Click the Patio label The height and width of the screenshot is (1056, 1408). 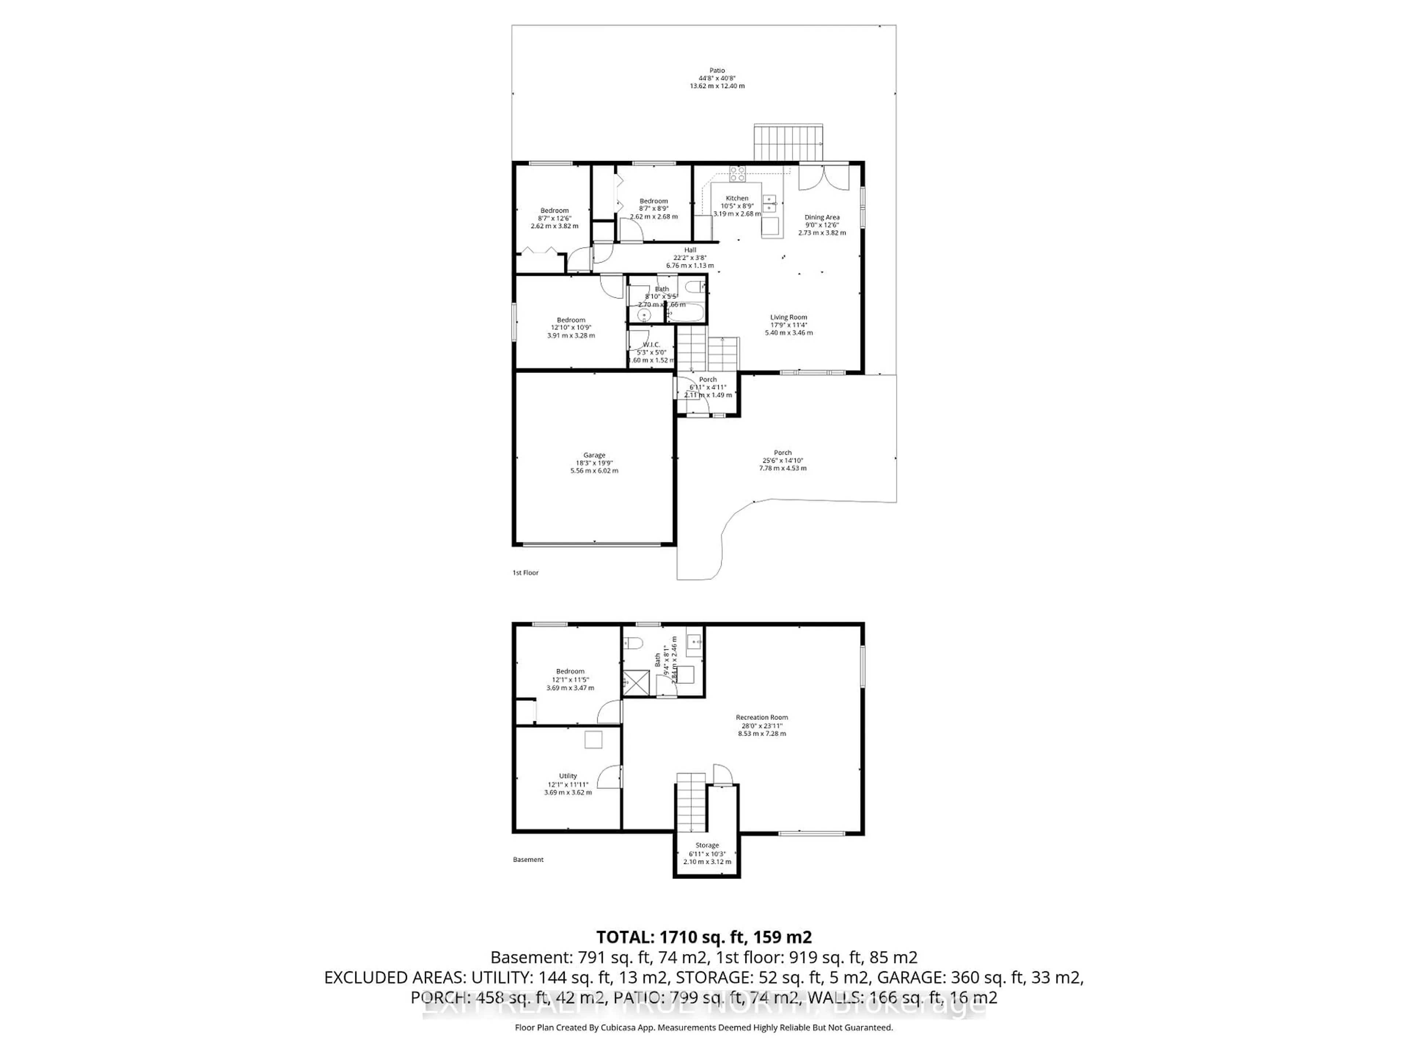click(x=717, y=71)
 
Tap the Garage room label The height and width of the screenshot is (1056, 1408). click(x=594, y=455)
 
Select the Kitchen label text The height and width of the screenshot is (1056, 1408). click(x=737, y=198)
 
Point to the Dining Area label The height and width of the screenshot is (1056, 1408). click(x=822, y=217)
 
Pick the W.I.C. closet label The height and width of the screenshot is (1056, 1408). click(x=651, y=344)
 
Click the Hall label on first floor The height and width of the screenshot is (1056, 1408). click(x=690, y=250)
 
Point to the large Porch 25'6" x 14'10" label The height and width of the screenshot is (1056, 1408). click(x=782, y=452)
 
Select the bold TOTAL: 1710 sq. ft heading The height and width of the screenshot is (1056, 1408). click(x=703, y=937)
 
